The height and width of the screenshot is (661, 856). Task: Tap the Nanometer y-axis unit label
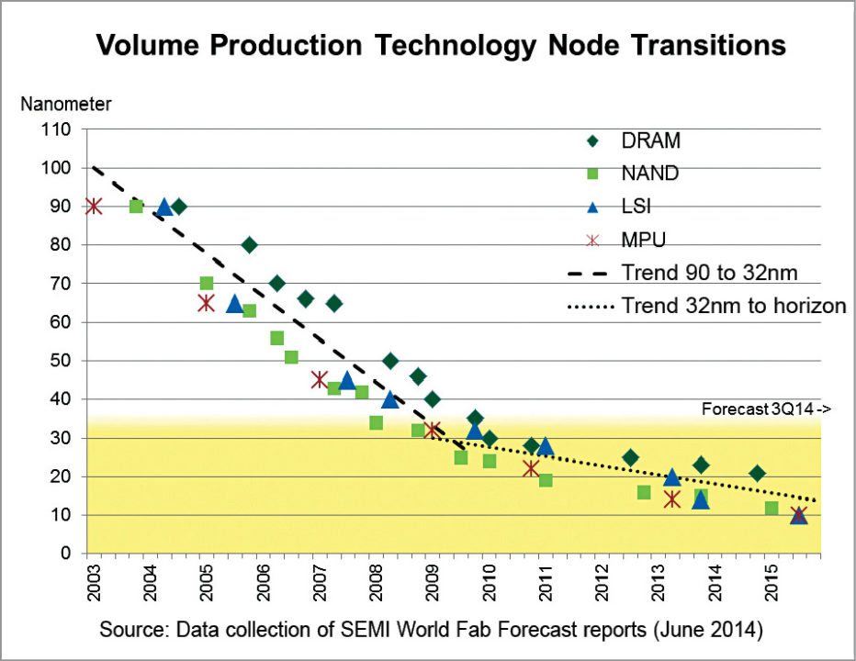pos(66,104)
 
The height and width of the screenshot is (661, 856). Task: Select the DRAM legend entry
pos(650,140)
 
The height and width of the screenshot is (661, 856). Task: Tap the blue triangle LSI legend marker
pos(592,207)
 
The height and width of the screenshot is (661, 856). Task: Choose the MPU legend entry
pos(643,240)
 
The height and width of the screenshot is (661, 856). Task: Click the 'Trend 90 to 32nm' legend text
pos(703,273)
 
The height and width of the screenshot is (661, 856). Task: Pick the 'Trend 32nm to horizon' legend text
pos(733,306)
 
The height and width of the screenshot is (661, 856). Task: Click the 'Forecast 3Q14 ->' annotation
pos(767,409)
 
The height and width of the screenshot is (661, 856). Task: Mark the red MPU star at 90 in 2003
pos(94,207)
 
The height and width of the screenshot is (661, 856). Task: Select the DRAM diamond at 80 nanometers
pos(249,245)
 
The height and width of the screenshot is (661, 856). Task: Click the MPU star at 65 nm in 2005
pos(207,303)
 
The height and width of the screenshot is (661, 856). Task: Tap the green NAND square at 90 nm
pos(136,207)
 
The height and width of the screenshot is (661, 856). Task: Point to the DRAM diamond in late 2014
pos(757,473)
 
